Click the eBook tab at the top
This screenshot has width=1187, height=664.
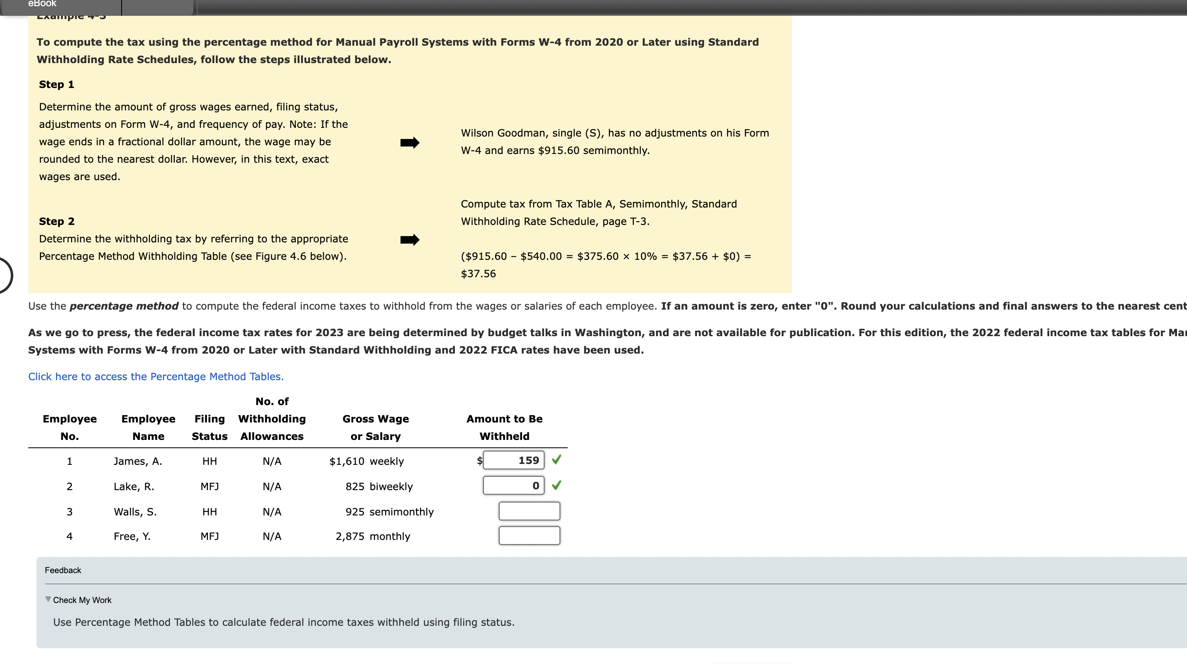42,4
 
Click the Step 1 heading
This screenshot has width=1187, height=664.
56,84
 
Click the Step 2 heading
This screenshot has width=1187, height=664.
56,221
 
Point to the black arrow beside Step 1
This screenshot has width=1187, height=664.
410,142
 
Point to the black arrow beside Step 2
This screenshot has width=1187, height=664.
410,239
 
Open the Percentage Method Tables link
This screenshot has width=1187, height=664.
156,376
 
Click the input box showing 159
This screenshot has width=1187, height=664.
513,460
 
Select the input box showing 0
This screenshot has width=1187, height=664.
513,486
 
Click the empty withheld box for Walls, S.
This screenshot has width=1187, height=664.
529,511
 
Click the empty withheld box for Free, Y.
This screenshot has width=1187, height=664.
529,536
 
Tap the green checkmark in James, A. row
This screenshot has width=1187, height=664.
557,459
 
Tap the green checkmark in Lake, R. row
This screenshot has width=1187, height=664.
557,485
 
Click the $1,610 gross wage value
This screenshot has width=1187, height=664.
347,461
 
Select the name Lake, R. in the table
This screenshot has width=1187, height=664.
134,487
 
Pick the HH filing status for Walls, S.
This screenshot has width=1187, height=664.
209,512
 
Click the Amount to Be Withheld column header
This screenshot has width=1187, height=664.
504,427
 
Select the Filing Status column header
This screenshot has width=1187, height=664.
209,427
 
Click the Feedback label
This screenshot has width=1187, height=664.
63,571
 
